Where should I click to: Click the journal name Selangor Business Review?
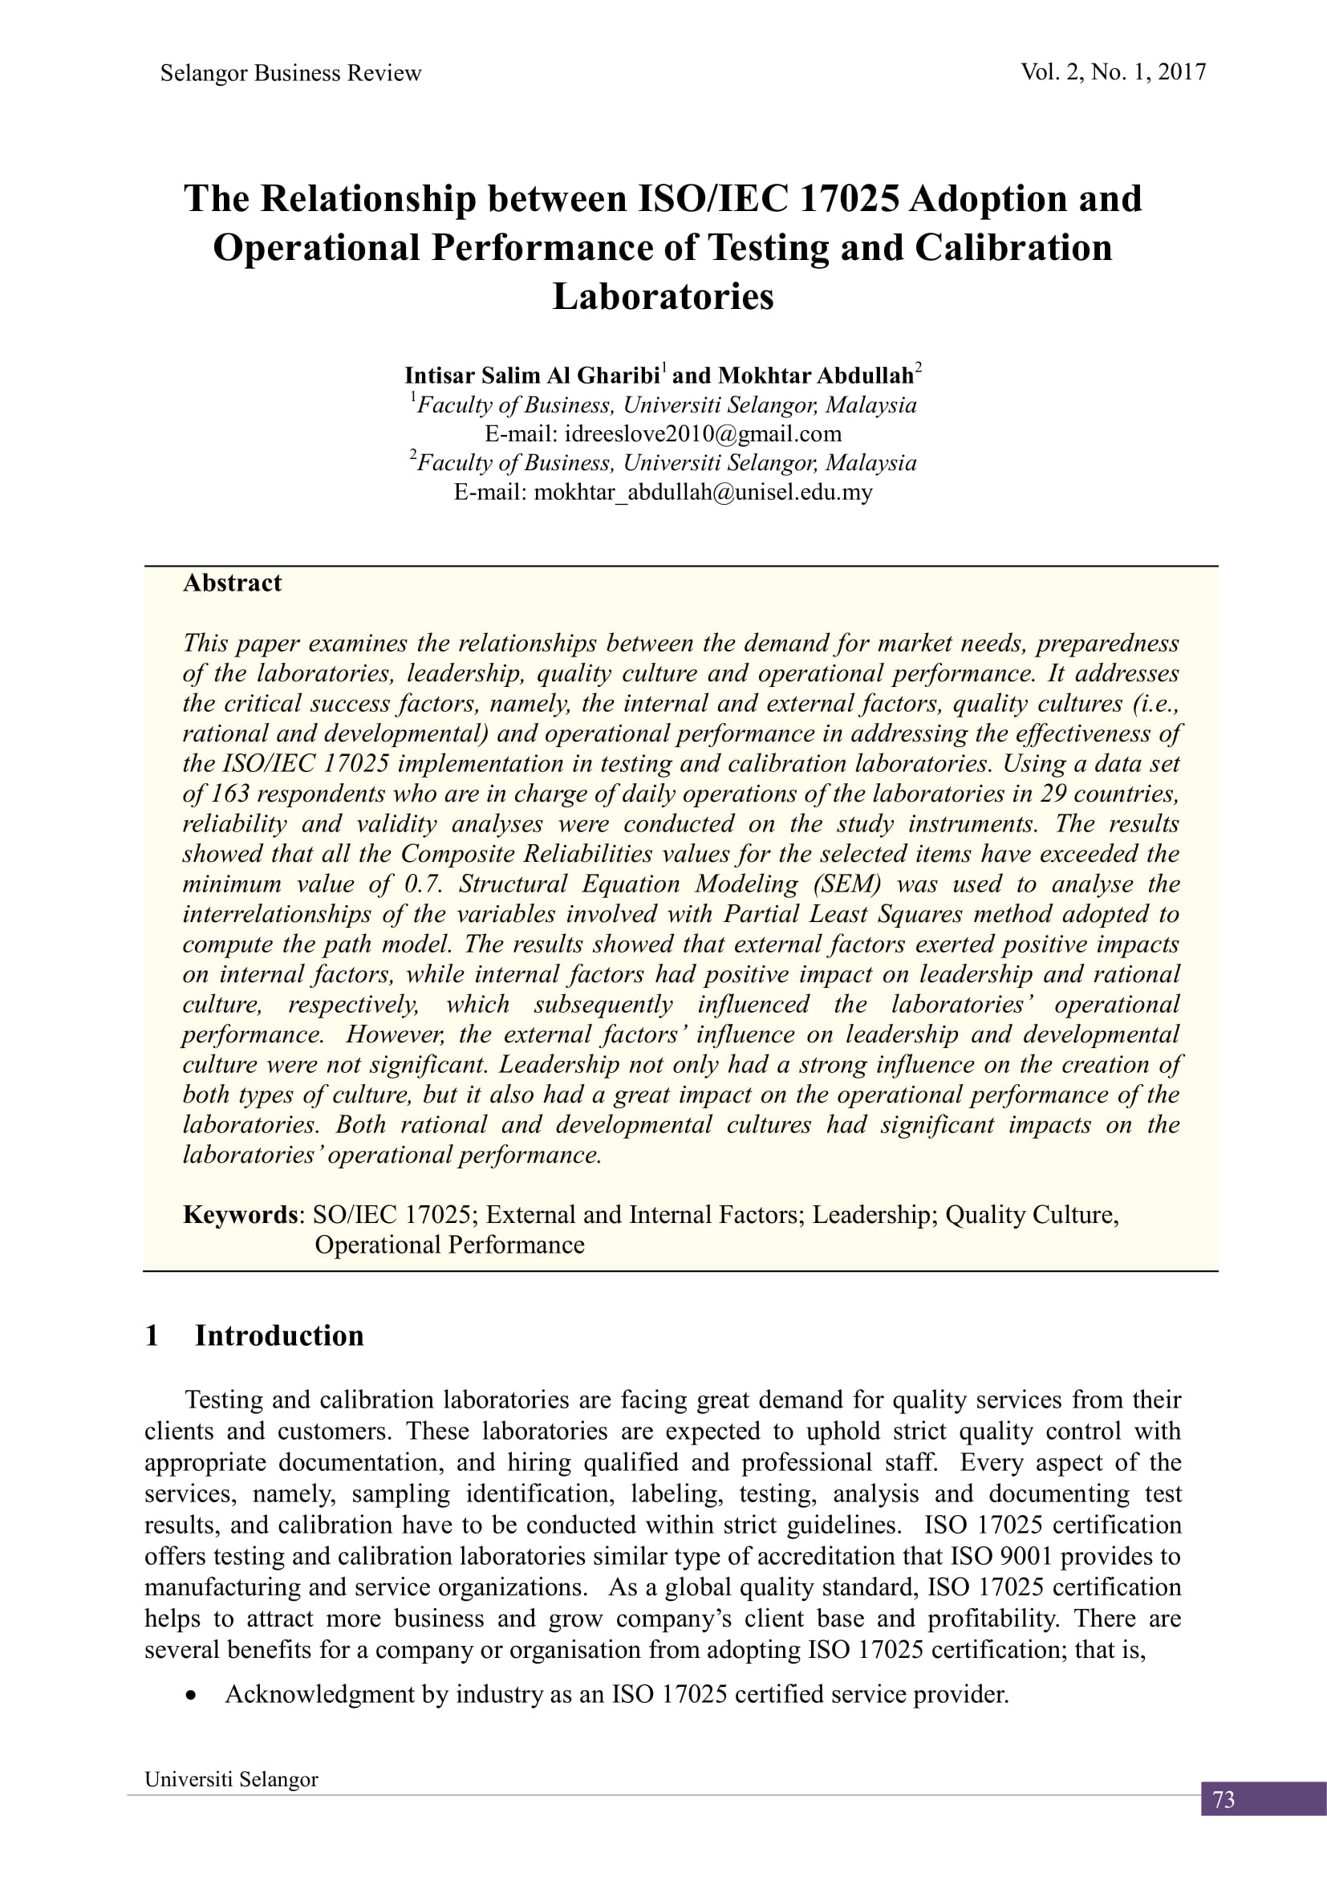click(290, 74)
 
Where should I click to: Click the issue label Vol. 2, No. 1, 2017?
click(1113, 73)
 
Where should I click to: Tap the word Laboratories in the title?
click(663, 297)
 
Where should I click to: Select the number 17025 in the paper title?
click(849, 200)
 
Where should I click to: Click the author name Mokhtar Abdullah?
click(815, 376)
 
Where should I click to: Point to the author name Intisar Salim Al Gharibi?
click(532, 376)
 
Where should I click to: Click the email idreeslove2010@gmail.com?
click(703, 433)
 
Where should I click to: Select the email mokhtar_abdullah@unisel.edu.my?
click(703, 492)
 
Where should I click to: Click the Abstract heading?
click(232, 583)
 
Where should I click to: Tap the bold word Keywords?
click(240, 1215)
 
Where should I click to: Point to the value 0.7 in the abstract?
click(424, 884)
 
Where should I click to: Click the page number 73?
click(1224, 1800)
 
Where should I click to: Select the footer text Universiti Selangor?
click(231, 1780)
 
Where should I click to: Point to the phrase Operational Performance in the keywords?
click(449, 1245)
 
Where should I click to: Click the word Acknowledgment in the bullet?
click(319, 1695)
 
